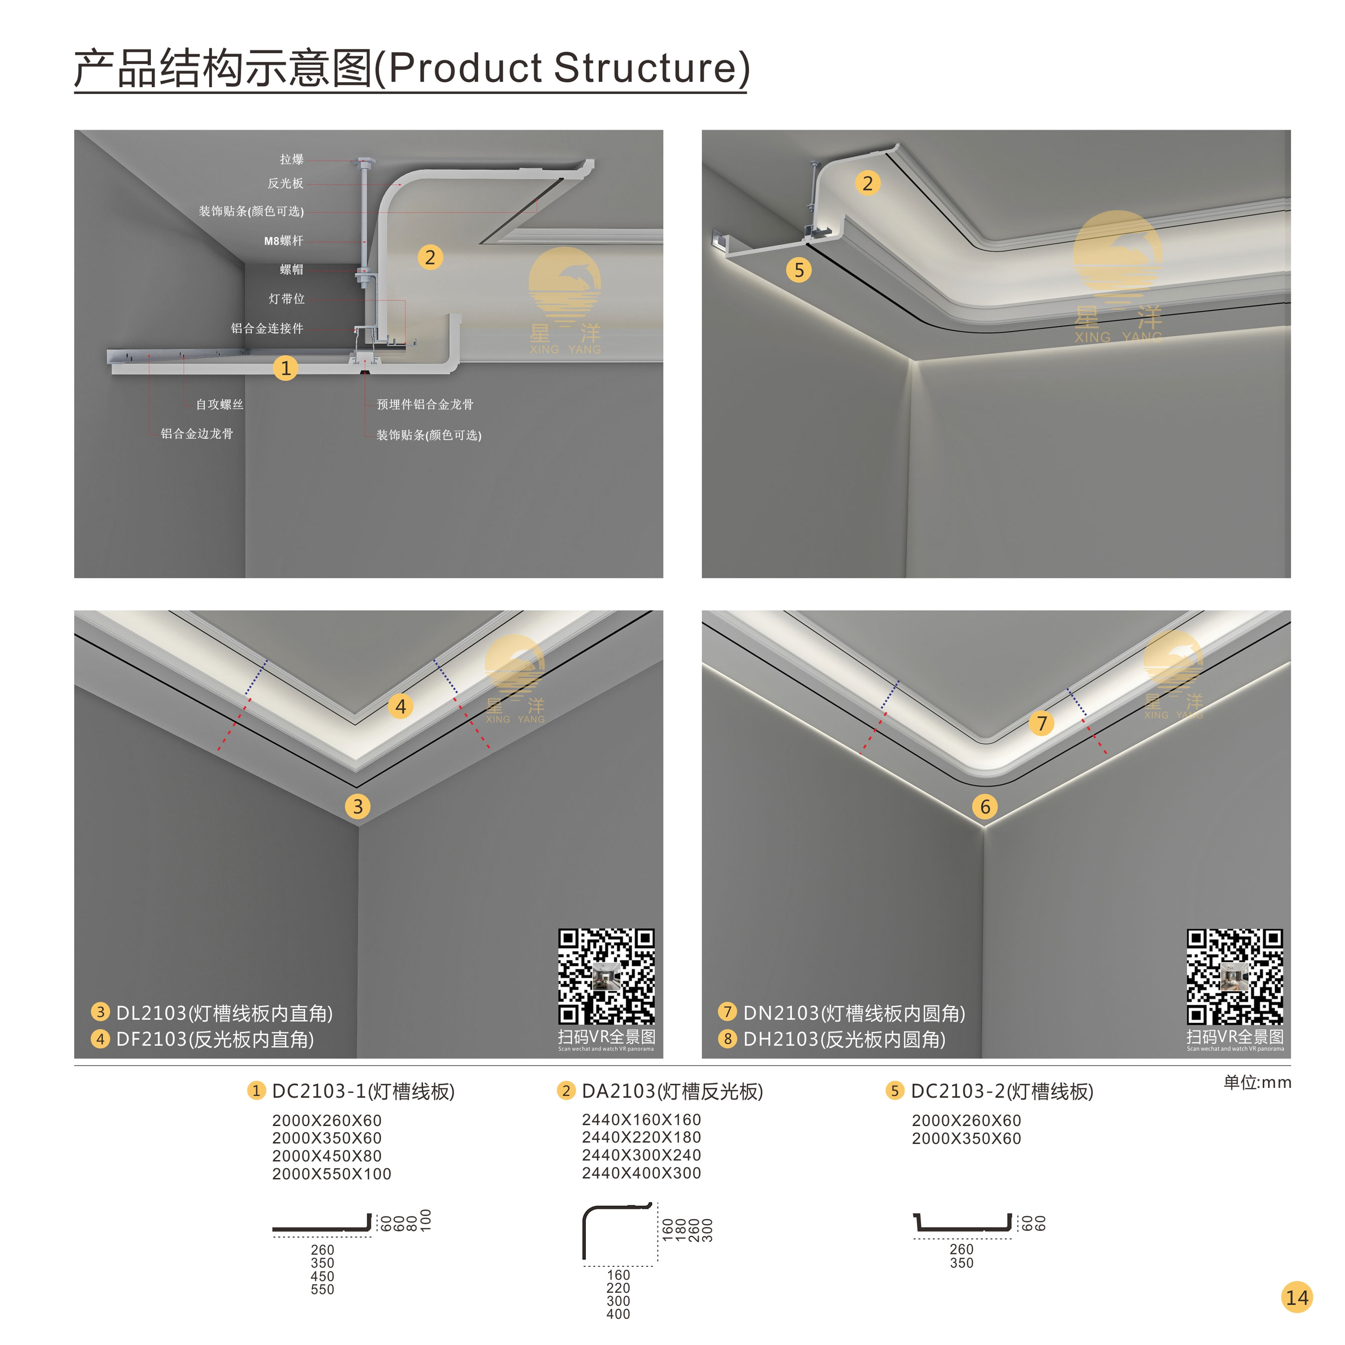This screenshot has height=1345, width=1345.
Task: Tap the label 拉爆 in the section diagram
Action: click(x=292, y=159)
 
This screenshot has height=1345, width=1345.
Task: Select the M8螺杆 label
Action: click(x=283, y=241)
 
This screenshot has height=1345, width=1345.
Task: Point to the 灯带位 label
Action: click(x=287, y=299)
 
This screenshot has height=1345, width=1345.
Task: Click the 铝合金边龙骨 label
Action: click(x=197, y=434)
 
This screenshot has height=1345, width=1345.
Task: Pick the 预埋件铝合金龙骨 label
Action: click(x=424, y=404)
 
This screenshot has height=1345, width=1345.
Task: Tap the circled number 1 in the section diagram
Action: click(x=285, y=368)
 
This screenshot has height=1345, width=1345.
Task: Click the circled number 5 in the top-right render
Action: click(x=799, y=270)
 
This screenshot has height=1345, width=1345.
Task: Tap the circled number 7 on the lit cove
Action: click(x=1042, y=723)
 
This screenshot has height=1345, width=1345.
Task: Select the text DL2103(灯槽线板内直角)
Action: click(x=224, y=1013)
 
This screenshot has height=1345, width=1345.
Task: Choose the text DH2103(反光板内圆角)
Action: click(x=844, y=1039)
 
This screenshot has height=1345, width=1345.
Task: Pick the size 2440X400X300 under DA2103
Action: click(x=641, y=1173)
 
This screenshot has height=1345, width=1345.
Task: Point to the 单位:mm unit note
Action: click(x=1257, y=1082)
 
